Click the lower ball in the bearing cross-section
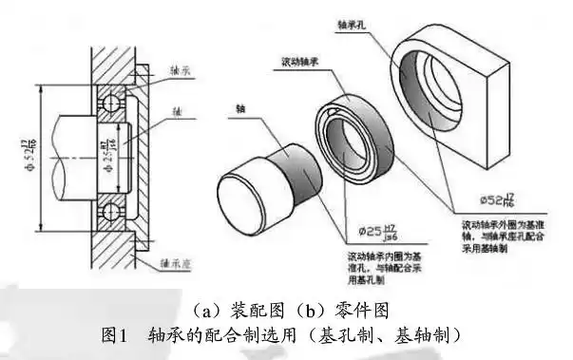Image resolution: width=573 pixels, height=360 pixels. [x=122, y=209]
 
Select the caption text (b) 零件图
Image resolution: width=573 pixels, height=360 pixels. [x=322, y=310]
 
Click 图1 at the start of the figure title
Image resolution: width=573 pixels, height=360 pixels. [x=114, y=335]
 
